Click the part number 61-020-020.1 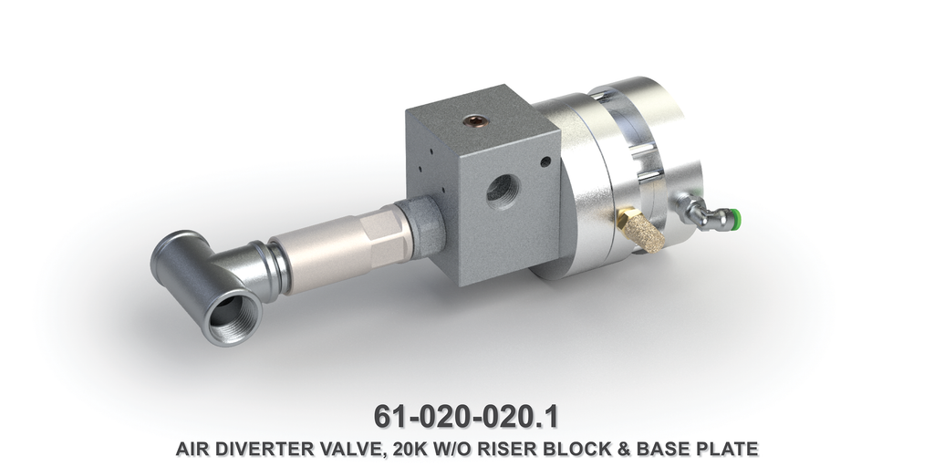point(466,416)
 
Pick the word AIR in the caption point(193,449)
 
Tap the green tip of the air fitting point(734,217)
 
